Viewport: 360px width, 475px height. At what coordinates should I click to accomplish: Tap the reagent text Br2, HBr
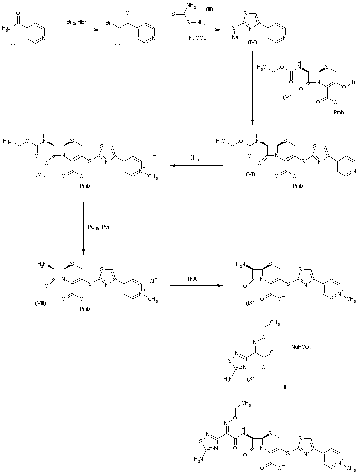[x=76, y=23]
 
